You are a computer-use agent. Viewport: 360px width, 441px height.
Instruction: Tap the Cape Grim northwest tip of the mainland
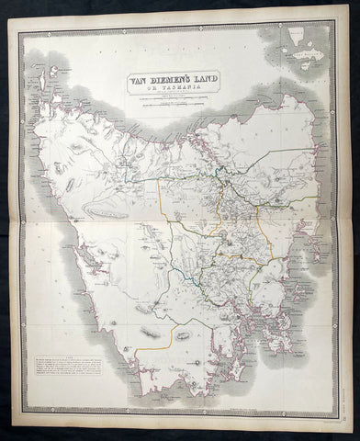(x=56, y=99)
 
